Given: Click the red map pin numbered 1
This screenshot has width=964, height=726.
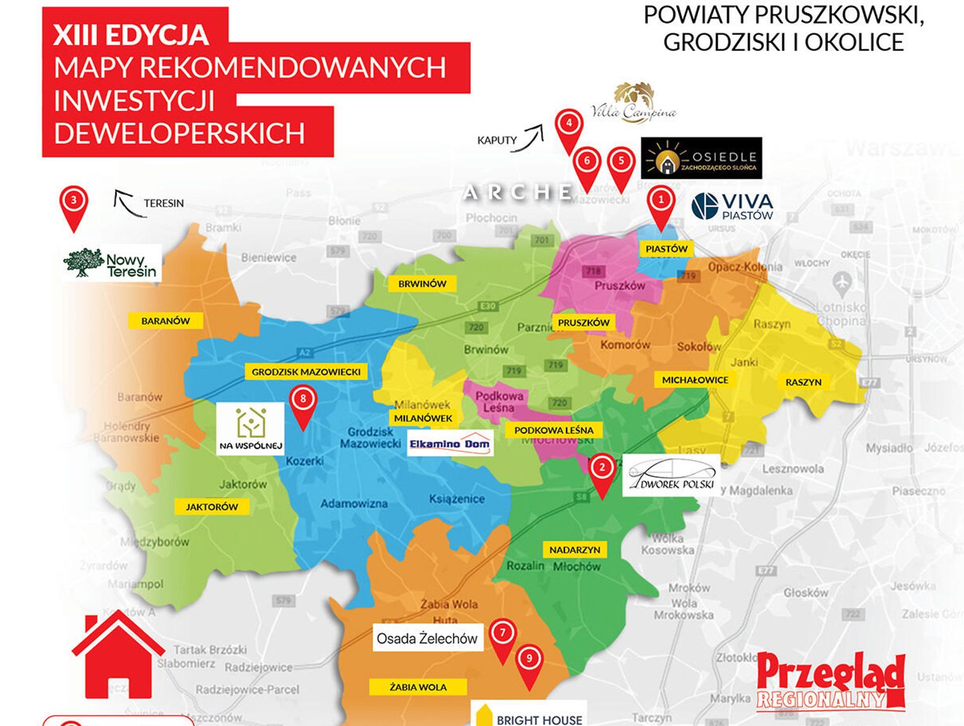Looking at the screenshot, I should (661, 202).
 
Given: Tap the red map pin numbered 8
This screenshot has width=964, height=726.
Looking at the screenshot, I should (303, 401).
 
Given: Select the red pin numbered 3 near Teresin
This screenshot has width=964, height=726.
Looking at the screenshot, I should (74, 202).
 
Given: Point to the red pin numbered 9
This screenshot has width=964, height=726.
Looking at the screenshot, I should (529, 660).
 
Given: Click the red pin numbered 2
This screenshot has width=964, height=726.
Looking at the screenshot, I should (602, 469).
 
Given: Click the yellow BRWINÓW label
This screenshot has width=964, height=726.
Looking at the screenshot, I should (422, 284).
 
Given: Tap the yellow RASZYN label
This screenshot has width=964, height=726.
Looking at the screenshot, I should (803, 382).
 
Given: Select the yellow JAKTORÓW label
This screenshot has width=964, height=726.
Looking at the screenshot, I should (212, 506).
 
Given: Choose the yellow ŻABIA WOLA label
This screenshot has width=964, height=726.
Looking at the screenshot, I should (418, 687).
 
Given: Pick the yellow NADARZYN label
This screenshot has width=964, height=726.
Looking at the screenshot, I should (575, 549).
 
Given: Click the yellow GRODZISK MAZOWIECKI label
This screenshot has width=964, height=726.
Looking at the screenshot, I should (306, 372).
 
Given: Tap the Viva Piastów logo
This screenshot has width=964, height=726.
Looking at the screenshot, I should (733, 206).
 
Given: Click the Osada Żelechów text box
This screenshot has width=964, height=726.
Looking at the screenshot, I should (427, 638).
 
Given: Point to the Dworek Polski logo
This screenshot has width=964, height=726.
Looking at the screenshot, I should (670, 476).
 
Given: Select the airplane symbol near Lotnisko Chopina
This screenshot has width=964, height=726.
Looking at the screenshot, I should (842, 286).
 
